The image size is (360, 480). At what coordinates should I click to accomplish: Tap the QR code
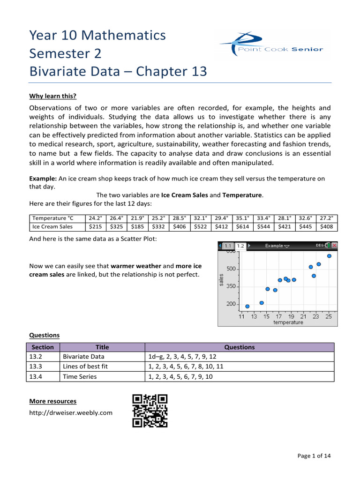pyautogui.click(x=150, y=411)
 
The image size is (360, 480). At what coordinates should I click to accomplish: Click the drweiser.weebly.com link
pyautogui.click(x=71, y=412)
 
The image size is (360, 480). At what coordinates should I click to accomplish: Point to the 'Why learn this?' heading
pyautogui.click(x=52, y=96)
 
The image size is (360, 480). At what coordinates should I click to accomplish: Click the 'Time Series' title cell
pyautogui.click(x=80, y=376)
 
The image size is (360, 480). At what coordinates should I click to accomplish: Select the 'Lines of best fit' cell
pyautogui.click(x=85, y=367)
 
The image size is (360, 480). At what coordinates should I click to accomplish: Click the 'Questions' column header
pyautogui.click(x=240, y=347)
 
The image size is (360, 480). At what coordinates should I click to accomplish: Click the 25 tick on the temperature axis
pyautogui.click(x=329, y=317)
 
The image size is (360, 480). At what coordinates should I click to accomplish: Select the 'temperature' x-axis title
pyautogui.click(x=288, y=322)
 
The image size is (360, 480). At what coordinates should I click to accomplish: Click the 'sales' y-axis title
pyautogui.click(x=222, y=280)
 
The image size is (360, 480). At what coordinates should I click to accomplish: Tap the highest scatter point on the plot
pyautogui.click(x=329, y=256)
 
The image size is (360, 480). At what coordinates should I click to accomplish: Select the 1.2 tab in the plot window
pyautogui.click(x=240, y=246)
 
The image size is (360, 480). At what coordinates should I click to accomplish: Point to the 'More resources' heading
pyautogui.click(x=52, y=401)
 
